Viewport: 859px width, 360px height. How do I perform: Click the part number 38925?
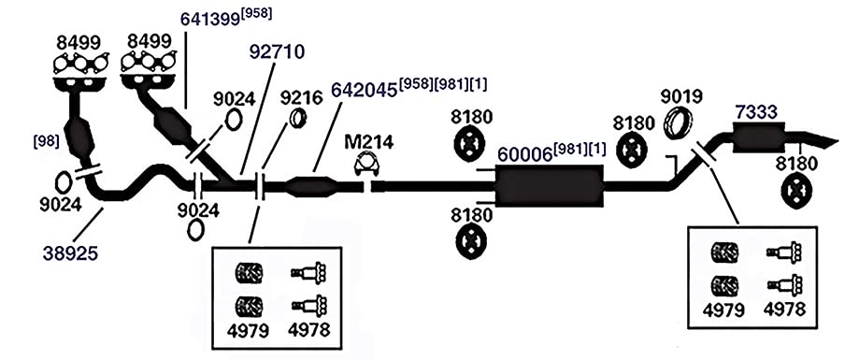[x=70, y=252]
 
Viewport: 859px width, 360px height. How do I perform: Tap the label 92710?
[x=277, y=52]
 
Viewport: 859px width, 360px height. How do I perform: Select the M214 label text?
[x=368, y=142]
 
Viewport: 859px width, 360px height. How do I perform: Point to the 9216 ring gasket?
[x=297, y=119]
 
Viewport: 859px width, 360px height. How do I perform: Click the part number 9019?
[x=681, y=96]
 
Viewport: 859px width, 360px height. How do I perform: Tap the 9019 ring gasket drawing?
[x=679, y=122]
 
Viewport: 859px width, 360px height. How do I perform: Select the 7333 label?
[x=755, y=112]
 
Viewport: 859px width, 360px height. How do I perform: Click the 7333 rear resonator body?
[x=759, y=137]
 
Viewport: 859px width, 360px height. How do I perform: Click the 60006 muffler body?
[x=549, y=186]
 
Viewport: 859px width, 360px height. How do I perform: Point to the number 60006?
[x=524, y=155]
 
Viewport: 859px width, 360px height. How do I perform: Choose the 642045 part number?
[x=365, y=90]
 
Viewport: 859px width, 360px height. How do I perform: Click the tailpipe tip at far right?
[x=838, y=141]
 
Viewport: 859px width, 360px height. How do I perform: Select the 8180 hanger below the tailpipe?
[x=796, y=193]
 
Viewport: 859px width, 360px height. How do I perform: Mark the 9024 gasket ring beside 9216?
[x=234, y=120]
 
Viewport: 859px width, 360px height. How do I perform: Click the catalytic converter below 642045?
[x=310, y=187]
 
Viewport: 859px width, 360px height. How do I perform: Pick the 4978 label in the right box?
[x=784, y=310]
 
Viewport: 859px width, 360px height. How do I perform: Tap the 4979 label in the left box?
[x=249, y=330]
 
